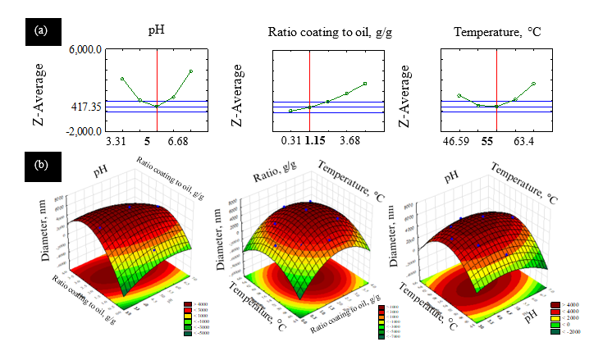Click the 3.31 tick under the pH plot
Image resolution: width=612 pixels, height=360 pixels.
pyautogui.click(x=116, y=142)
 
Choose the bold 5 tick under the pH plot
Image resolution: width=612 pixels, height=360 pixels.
pyautogui.click(x=146, y=142)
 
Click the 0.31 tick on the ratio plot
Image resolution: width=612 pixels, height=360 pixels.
pyautogui.click(x=289, y=142)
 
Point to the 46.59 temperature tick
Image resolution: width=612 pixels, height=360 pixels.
pyautogui.click(x=457, y=142)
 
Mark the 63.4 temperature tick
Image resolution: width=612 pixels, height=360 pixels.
pyautogui.click(x=527, y=142)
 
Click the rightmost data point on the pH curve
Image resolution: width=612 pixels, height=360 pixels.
pyautogui.click(x=191, y=71)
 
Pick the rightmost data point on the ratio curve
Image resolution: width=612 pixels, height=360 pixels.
pyautogui.click(x=365, y=84)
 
